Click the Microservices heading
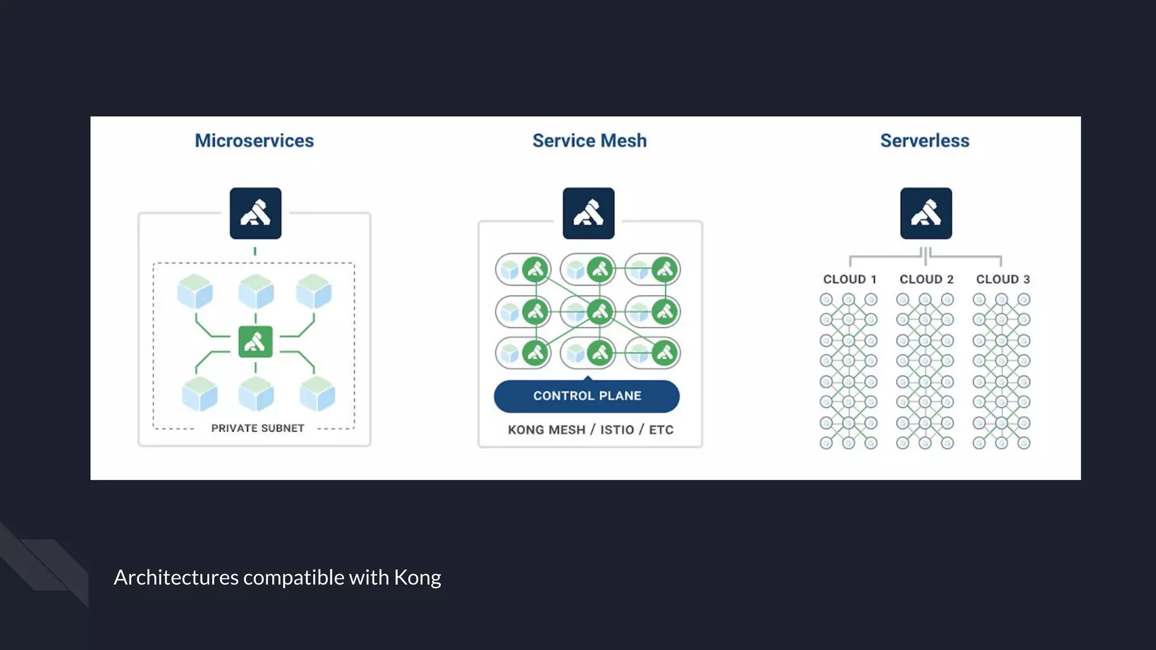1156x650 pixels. (x=254, y=140)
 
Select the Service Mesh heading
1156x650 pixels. (x=589, y=140)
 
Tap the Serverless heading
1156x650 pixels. (x=925, y=140)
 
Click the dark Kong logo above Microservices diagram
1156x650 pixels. (x=255, y=213)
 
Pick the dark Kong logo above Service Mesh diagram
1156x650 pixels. (x=588, y=213)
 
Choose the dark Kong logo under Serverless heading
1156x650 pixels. (x=926, y=213)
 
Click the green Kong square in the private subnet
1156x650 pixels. (x=255, y=341)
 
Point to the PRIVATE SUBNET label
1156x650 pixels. (x=257, y=428)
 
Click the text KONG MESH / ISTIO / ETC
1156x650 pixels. (x=590, y=430)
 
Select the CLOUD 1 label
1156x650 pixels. (x=850, y=279)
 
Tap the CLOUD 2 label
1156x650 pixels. (x=926, y=279)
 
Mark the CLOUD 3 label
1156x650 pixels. (x=1003, y=279)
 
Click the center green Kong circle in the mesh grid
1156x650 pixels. (x=599, y=311)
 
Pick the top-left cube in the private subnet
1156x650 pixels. (x=195, y=291)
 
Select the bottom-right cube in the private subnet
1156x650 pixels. (x=317, y=393)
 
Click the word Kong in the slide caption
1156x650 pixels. (x=417, y=577)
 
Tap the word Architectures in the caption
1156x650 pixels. (x=176, y=577)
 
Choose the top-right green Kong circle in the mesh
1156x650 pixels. (x=665, y=270)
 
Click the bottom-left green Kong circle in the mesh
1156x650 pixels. (x=535, y=353)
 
